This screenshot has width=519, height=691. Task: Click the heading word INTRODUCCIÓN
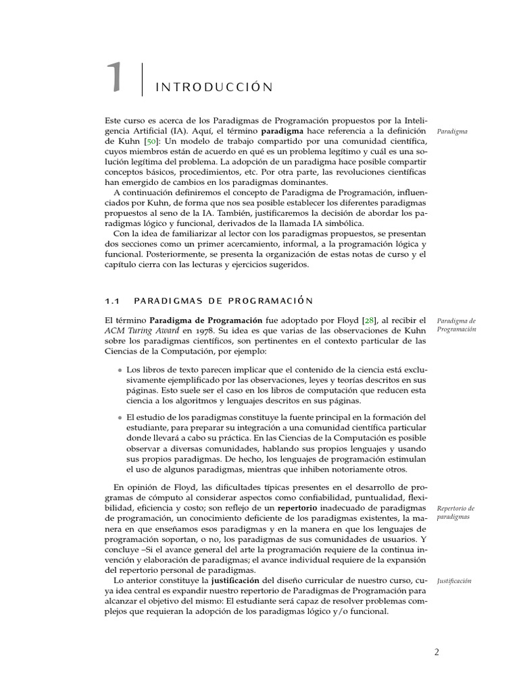click(x=214, y=87)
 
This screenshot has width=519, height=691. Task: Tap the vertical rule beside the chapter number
click(x=143, y=79)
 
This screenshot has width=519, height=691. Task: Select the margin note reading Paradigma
click(x=452, y=132)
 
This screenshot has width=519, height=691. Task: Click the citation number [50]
click(x=153, y=141)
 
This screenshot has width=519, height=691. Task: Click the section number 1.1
click(x=112, y=300)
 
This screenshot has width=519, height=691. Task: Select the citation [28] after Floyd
click(x=370, y=320)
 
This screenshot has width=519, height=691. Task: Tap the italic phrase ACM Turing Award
click(x=141, y=331)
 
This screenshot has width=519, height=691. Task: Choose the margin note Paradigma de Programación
click(x=456, y=325)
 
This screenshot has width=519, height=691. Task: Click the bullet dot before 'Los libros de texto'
click(x=120, y=370)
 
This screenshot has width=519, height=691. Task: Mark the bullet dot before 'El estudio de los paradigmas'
click(x=120, y=416)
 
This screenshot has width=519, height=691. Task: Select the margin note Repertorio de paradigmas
click(x=455, y=512)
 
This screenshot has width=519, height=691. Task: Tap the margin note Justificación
click(x=454, y=581)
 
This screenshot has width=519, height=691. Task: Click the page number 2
click(x=437, y=653)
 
